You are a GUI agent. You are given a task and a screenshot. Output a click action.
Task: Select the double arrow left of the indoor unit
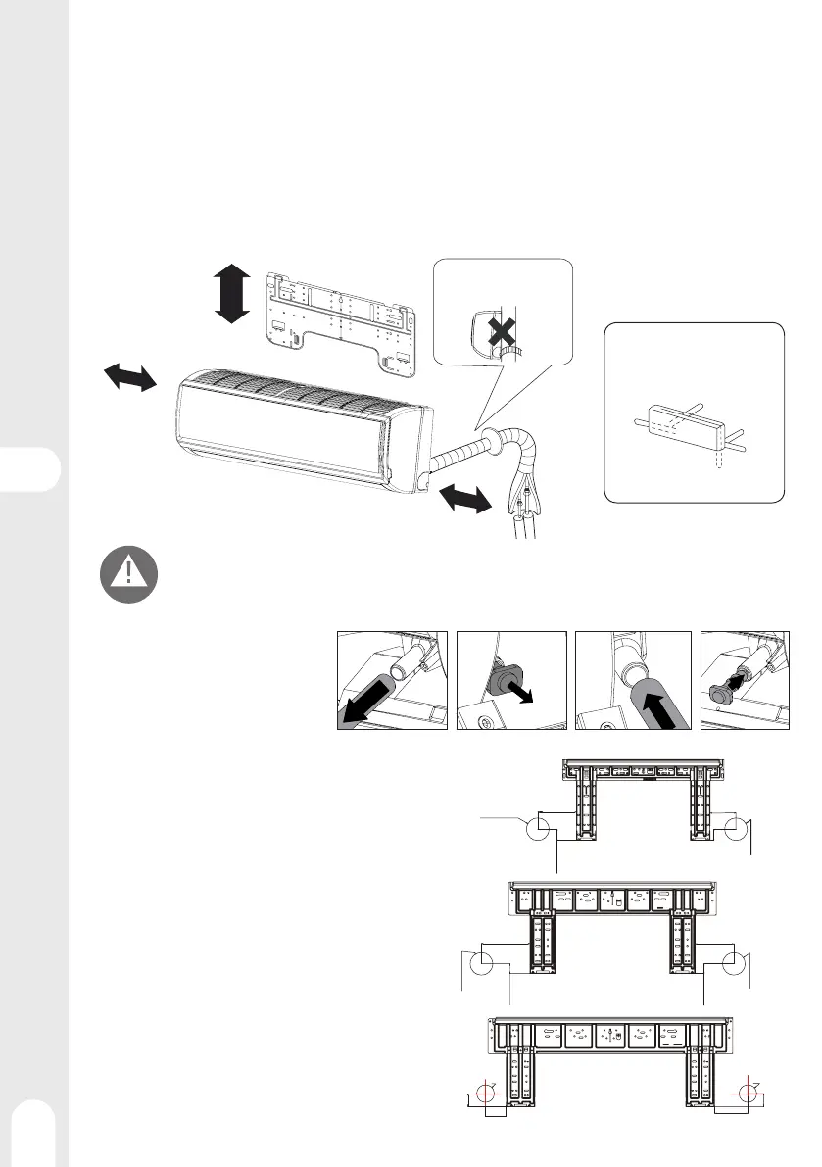[128, 376]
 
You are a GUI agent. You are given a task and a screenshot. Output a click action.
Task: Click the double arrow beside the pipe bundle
[464, 496]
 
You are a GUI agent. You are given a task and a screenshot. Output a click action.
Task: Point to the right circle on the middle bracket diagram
[729, 964]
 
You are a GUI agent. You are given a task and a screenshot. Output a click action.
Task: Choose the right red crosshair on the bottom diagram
[750, 1092]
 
